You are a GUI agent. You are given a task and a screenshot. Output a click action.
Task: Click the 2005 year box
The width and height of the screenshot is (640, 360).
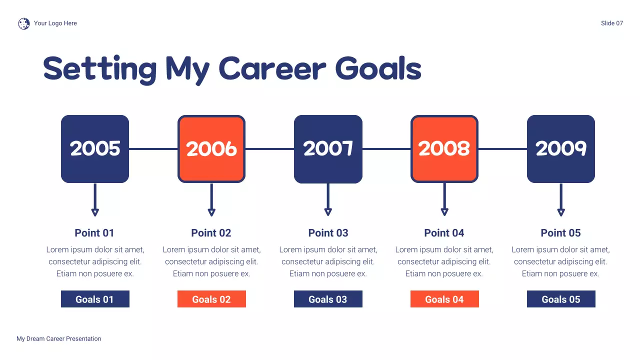click(x=95, y=149)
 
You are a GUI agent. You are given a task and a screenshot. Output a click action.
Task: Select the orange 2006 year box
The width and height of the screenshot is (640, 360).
click(x=211, y=149)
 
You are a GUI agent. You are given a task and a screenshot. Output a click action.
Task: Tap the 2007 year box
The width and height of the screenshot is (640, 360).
click(x=328, y=149)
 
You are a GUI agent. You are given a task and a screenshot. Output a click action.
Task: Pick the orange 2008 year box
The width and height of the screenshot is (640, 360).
click(x=444, y=149)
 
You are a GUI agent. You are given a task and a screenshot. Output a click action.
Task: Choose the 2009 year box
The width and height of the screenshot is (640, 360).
click(x=561, y=149)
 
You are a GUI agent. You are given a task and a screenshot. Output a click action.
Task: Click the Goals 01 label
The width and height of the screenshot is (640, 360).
click(x=95, y=299)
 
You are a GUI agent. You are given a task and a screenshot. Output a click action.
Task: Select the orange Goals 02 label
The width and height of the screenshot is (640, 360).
click(x=211, y=299)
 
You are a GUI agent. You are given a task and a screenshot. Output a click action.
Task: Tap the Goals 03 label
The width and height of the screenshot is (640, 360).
click(x=328, y=299)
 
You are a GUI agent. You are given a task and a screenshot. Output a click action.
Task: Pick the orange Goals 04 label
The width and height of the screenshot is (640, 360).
click(x=444, y=299)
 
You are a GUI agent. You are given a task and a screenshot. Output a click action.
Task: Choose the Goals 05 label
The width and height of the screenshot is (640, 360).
click(x=561, y=299)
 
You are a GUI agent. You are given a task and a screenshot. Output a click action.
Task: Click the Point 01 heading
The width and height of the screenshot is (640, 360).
click(x=94, y=233)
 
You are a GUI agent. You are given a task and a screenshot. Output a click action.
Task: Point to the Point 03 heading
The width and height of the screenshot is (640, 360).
click(x=328, y=233)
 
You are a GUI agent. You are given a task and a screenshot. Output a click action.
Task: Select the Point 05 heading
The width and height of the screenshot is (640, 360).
click(x=561, y=233)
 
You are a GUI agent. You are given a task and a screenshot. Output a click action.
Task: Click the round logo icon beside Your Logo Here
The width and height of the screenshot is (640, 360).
click(x=24, y=23)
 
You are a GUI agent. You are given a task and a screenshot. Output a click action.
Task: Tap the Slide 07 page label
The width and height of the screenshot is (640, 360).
click(x=612, y=23)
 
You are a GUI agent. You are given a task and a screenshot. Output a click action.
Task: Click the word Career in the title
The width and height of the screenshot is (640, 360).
click(x=272, y=68)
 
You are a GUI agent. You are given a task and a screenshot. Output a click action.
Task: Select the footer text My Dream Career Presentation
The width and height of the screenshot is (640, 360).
click(x=59, y=339)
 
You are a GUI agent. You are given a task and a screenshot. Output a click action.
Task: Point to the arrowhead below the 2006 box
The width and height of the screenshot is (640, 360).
click(x=211, y=212)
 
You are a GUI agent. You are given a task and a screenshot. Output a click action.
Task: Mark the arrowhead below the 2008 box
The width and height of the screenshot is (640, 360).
click(x=444, y=212)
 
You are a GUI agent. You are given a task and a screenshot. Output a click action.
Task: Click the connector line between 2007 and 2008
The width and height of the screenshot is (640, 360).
click(x=386, y=149)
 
